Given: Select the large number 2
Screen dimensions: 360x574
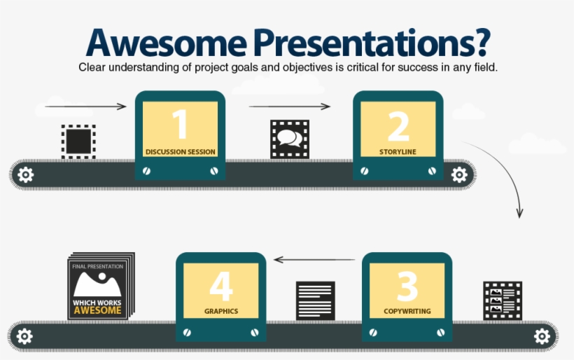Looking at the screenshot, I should [398, 126].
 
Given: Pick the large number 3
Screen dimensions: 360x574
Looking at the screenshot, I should [407, 286].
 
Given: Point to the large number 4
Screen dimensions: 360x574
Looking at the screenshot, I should [220, 286].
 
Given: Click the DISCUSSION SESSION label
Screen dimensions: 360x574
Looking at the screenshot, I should [180, 151].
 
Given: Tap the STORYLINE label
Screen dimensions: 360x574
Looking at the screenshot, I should [398, 151].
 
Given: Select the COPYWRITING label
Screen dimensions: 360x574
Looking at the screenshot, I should [407, 311].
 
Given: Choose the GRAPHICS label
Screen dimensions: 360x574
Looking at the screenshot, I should [220, 311].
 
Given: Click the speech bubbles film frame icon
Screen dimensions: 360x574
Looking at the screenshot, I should [289, 139].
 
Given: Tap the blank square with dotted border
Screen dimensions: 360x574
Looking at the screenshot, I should [78, 141].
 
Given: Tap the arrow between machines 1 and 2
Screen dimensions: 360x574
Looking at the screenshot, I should [289, 106].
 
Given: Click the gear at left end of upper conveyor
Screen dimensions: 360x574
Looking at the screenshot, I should [25, 174].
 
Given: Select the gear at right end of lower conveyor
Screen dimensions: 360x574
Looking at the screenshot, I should [542, 336].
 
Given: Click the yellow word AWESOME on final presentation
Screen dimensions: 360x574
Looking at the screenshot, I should [97, 310].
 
